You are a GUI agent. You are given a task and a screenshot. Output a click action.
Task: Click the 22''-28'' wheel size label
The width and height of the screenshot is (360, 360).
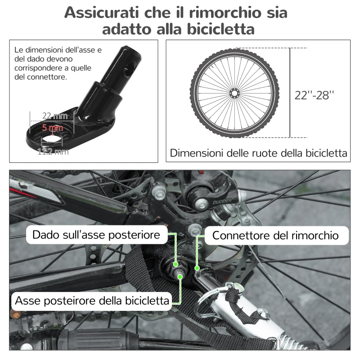click(315, 95)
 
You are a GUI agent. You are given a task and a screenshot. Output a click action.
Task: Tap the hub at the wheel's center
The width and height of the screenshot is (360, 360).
click(234, 93)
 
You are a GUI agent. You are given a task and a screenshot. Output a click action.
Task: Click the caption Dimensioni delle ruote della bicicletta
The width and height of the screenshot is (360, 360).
click(259, 153)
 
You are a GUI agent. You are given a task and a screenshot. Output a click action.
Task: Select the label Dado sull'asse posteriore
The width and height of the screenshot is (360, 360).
click(96, 235)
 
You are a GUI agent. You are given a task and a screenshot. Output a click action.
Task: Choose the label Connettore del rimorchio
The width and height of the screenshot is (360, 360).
click(275, 235)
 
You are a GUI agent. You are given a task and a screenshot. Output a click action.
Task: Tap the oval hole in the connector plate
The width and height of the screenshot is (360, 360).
click(53, 135)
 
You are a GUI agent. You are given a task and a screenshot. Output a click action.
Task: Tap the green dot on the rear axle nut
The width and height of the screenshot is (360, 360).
click(175, 263)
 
